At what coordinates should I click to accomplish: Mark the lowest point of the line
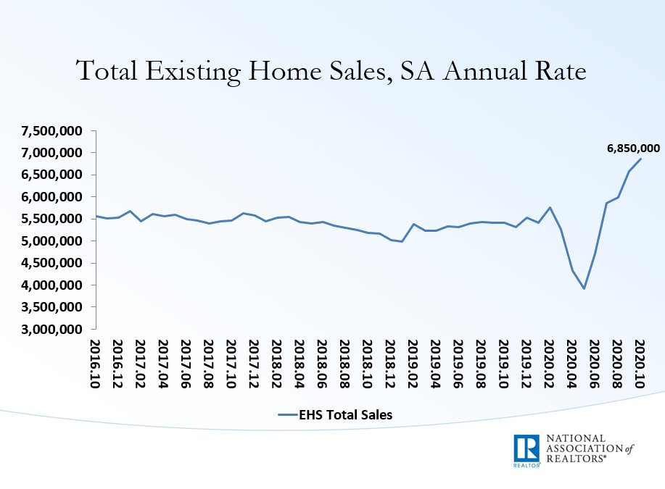[x=583, y=288]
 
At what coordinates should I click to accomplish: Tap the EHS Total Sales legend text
[x=346, y=414]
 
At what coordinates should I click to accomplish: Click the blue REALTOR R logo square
[x=526, y=451]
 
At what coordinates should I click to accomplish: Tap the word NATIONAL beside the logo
[x=574, y=439]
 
